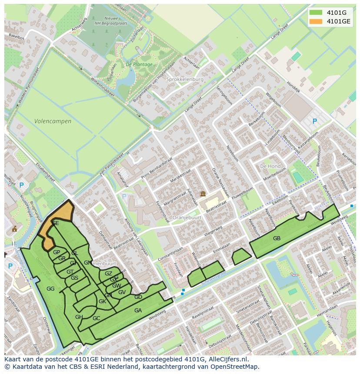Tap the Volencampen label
point(53,122)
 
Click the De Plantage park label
point(139,64)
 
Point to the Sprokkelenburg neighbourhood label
point(185,79)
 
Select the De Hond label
point(270,166)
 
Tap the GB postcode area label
point(277,238)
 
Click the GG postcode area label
point(50,289)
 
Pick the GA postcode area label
point(138,311)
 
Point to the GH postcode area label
point(79,317)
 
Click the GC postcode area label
point(97,318)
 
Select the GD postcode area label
point(138,297)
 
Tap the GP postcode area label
point(57,252)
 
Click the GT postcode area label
point(70,272)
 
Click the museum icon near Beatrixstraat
point(203,194)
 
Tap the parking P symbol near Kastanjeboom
point(315,122)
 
